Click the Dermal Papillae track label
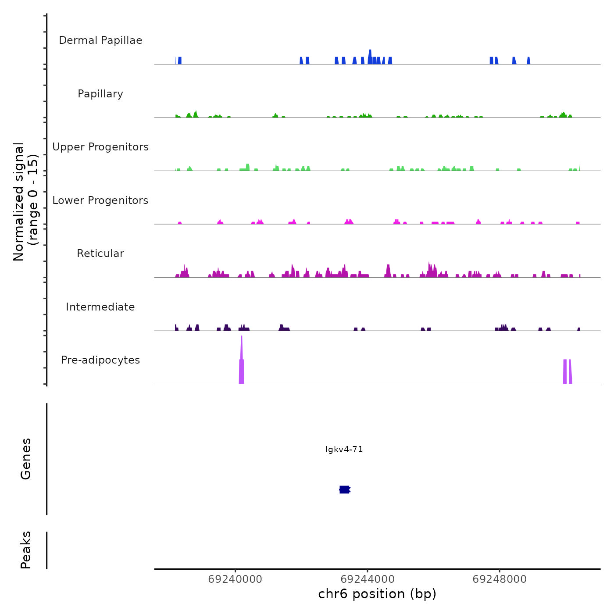point(100,40)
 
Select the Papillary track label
point(100,94)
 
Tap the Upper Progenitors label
point(100,147)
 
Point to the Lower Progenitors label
point(100,200)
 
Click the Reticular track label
point(100,253)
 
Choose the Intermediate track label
point(100,307)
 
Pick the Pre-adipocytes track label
point(100,360)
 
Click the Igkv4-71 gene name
point(344,450)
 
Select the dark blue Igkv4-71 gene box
point(345,489)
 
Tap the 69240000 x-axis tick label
point(235,579)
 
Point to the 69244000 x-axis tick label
point(368,579)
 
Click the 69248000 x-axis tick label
point(500,579)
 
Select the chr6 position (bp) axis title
point(377,594)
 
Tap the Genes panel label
point(26,459)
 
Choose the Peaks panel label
point(26,550)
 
